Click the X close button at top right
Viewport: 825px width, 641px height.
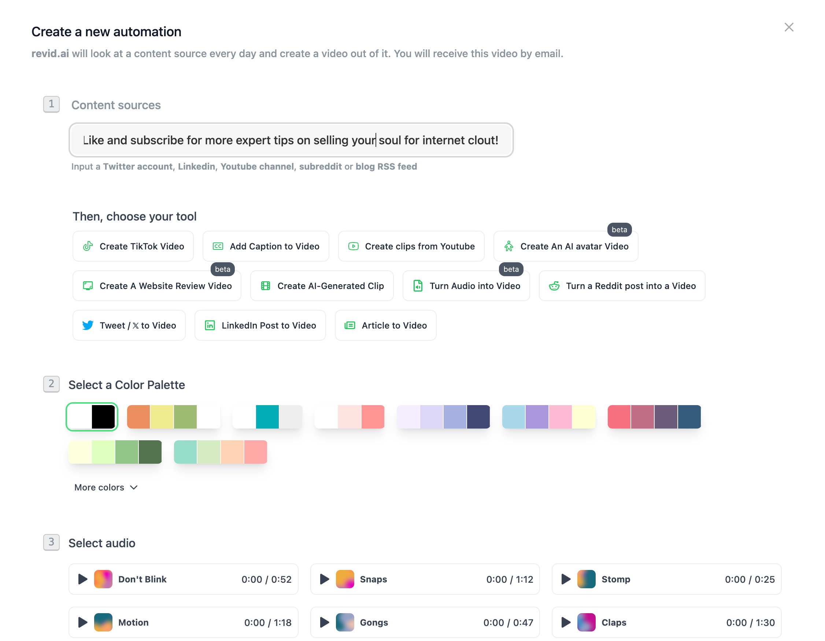point(788,27)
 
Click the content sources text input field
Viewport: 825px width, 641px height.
point(291,140)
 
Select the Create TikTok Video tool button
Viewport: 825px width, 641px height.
point(133,246)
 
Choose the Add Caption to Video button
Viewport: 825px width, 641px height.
point(266,246)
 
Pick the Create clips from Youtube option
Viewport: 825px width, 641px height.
point(411,246)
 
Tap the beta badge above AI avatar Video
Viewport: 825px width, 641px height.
point(619,230)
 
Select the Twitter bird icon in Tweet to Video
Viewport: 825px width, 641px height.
point(88,325)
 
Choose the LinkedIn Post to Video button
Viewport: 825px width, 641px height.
point(260,325)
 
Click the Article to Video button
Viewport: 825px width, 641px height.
point(385,325)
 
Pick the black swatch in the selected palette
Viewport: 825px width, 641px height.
point(103,416)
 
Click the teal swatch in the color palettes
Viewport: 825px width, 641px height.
point(267,416)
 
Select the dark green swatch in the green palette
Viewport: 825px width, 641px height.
point(149,452)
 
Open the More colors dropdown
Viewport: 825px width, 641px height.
point(106,487)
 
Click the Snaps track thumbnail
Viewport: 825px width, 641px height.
point(344,579)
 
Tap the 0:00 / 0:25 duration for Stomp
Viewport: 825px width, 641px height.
point(749,579)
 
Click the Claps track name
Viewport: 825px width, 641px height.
point(614,622)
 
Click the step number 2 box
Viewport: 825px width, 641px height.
point(51,384)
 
